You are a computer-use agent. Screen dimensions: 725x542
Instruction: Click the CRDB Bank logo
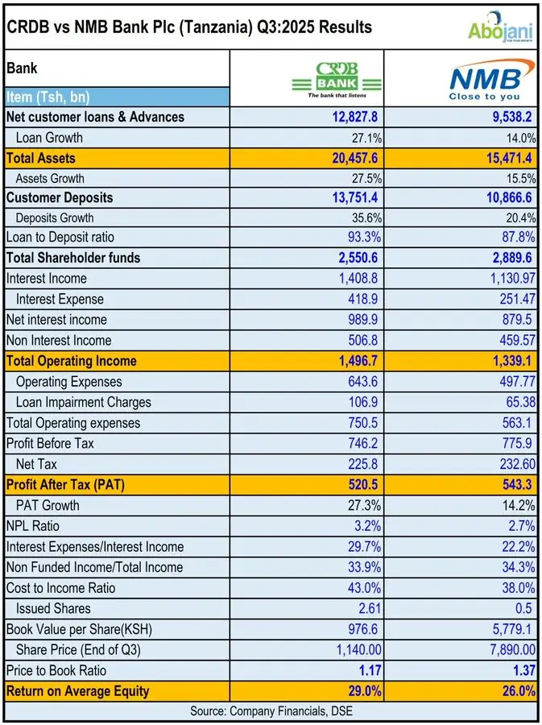tap(337, 78)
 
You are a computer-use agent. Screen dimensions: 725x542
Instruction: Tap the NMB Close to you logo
tap(490, 79)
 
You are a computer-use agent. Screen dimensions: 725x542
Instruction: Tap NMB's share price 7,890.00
tap(506, 649)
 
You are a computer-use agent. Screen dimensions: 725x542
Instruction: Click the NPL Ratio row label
tap(33, 526)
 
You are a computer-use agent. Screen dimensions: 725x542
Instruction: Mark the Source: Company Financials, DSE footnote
tap(271, 710)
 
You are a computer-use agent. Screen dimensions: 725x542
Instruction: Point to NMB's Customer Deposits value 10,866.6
tap(504, 198)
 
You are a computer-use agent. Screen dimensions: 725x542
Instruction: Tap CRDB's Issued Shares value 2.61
tap(366, 608)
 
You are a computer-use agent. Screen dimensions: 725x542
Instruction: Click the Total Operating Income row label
tap(71, 361)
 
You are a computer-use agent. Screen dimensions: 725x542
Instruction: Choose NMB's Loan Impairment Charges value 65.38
tap(519, 402)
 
